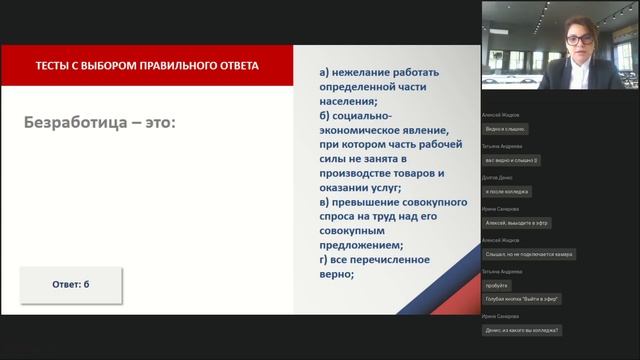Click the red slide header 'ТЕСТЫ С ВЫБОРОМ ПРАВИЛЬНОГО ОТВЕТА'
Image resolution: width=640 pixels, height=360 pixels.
[147, 66]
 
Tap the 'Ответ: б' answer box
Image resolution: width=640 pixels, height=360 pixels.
[71, 285]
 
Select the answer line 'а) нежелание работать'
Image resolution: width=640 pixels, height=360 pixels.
[379, 73]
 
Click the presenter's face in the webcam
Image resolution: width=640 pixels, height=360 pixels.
[579, 41]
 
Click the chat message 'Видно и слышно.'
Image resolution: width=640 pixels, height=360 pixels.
[506, 129]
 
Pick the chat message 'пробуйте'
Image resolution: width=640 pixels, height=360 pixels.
[497, 285]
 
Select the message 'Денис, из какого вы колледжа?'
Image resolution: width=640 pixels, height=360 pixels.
[521, 330]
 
